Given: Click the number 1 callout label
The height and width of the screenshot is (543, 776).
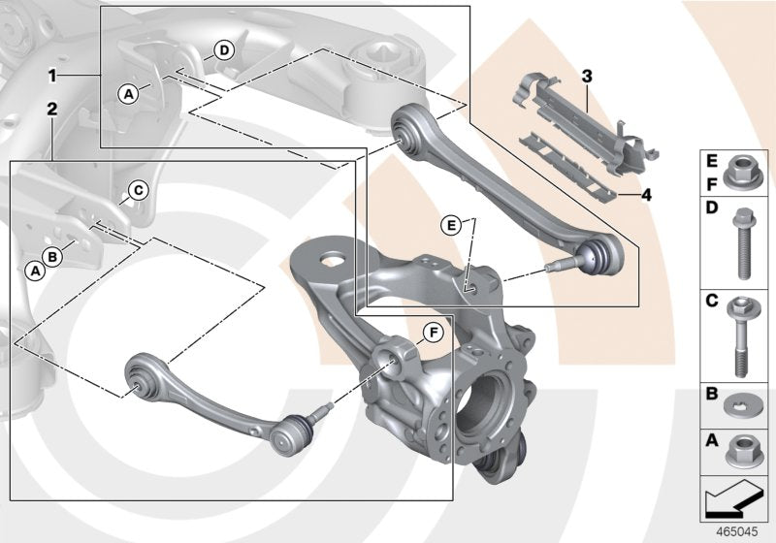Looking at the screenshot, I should pos(52,74).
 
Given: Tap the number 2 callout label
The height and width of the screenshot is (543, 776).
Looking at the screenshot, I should pos(52,110).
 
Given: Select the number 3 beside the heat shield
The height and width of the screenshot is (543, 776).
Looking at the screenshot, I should pos(587,75).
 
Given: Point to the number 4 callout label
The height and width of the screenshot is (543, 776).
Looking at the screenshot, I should pos(646,194).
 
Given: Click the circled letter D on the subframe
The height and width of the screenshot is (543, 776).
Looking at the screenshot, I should pos(223,49).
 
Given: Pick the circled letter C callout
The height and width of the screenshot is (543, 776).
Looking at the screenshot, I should pos(138,190).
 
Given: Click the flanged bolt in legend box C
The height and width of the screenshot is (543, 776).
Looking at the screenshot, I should pos(740,335).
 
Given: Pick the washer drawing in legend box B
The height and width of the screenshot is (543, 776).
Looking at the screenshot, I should pos(740,403).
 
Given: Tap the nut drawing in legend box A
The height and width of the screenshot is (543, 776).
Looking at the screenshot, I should pos(740,449).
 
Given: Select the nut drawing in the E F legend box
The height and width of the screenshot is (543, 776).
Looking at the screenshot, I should pos(740,171).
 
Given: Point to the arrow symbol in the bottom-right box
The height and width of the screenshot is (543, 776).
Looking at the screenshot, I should pos(735,499).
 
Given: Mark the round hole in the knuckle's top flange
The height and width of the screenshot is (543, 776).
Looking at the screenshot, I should pos(333,260).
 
